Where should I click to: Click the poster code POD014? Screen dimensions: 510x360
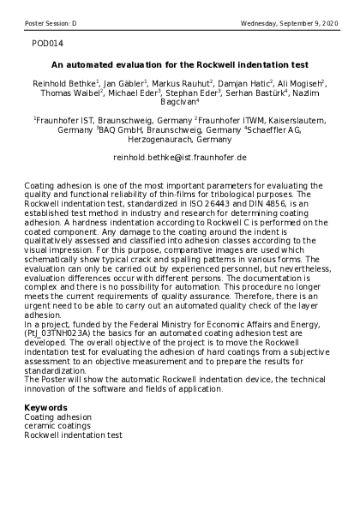point(46,41)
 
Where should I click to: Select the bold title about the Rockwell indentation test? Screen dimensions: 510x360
point(180,64)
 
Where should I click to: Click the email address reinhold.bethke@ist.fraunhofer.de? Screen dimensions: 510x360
point(180,159)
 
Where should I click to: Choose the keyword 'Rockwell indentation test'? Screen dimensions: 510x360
point(73,435)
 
